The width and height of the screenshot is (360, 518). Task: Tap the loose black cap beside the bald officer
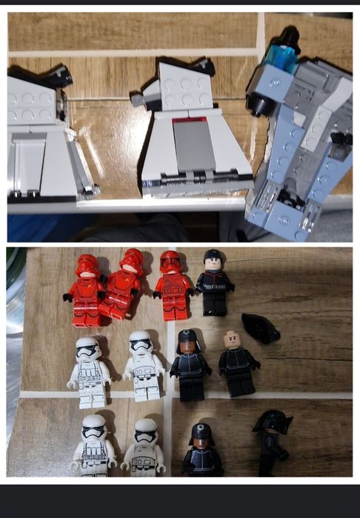pyautogui.click(x=263, y=328)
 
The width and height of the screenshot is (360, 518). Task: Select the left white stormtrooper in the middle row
pyautogui.click(x=90, y=372)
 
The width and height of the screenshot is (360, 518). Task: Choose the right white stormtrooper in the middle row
pyautogui.click(x=143, y=366)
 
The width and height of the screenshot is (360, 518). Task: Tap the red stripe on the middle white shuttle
pyautogui.click(x=189, y=119)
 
